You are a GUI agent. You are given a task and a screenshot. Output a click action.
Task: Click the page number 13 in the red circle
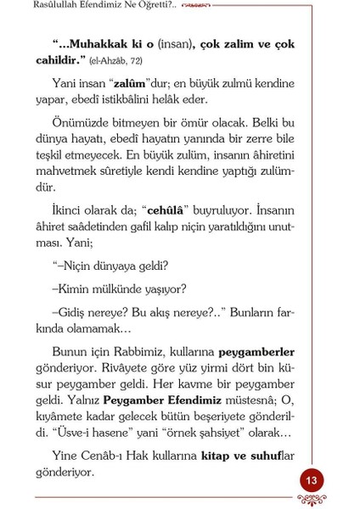[x=312, y=481]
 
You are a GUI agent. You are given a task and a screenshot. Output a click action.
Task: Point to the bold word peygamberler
[x=256, y=351]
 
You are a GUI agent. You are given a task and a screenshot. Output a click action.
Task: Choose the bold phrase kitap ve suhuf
[x=239, y=456]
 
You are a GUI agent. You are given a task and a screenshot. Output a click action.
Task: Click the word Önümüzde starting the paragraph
[x=80, y=123]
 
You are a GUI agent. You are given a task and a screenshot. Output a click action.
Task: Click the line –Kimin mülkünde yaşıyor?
[x=119, y=289]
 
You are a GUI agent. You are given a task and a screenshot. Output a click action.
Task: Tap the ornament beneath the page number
[x=312, y=501]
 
